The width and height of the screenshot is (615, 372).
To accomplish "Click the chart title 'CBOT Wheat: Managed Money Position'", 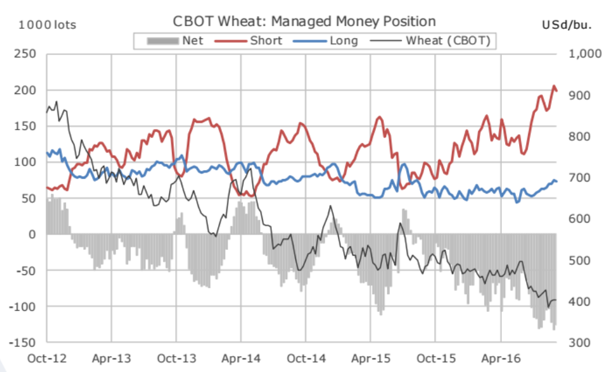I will [304, 21].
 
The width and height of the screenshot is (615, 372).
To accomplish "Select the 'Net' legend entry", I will [192, 41].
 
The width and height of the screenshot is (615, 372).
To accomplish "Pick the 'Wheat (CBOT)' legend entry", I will [448, 41].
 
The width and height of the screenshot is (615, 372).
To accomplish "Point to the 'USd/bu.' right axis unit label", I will [566, 25].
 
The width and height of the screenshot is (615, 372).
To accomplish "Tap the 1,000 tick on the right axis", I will [584, 54].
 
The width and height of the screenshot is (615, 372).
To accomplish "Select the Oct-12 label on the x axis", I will [46, 359].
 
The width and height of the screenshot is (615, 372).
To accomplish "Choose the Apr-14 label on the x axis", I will [241, 359].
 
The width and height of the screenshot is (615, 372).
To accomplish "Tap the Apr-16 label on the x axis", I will [501, 359].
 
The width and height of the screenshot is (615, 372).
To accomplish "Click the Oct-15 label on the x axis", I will [435, 359].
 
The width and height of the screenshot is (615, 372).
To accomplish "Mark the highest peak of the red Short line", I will [554, 86].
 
